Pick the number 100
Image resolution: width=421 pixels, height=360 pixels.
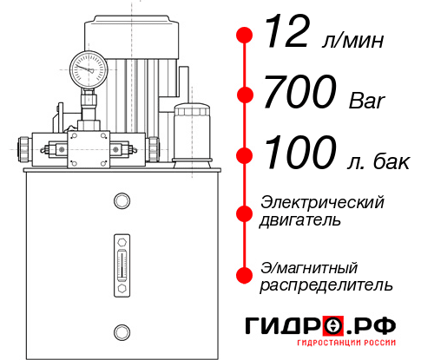click(300, 154)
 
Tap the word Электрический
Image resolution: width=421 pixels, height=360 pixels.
click(322, 202)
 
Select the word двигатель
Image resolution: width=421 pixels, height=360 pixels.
click(300, 220)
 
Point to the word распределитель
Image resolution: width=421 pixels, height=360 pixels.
click(326, 285)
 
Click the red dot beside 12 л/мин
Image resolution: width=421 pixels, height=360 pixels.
click(245, 36)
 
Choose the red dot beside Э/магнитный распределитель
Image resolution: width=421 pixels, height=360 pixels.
click(245, 275)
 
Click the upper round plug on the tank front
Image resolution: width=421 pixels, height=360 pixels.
click(122, 201)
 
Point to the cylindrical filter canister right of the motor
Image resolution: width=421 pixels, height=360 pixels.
click(190, 132)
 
